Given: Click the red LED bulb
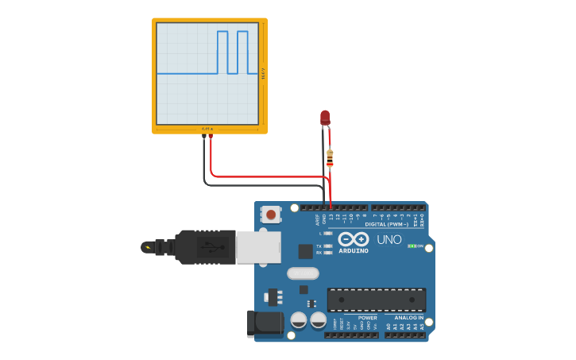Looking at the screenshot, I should tap(325, 118).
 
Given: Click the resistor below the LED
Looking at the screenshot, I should tap(330, 159).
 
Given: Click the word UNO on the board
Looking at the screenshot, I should tap(389, 239).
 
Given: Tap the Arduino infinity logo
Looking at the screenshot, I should tap(353, 238).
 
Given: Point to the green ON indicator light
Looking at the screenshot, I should tap(411, 246).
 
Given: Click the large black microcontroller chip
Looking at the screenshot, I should tap(377, 300).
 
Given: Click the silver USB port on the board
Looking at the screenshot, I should tap(258, 246).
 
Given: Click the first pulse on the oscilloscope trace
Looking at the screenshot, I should tap(222, 52).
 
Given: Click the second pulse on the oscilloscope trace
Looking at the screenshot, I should tap(242, 52).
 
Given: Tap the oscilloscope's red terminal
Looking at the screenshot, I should tap(211, 137).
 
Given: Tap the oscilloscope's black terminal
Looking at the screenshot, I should tap(204, 137).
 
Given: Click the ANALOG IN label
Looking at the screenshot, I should tap(409, 317).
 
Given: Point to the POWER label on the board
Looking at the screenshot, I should tap(368, 317).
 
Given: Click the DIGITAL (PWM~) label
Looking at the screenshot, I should tap(387, 224).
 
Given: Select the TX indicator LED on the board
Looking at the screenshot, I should tap(327, 246).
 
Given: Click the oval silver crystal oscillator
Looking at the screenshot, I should tap(303, 273).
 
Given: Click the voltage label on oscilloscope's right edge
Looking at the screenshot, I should tap(264, 73).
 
